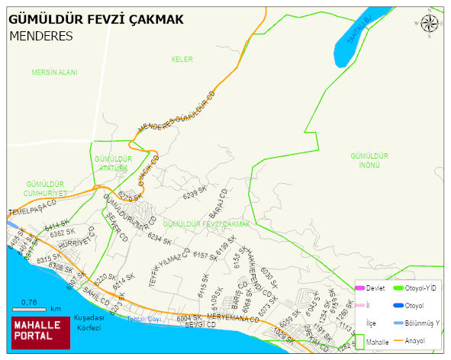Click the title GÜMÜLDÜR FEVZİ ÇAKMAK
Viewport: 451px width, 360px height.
96,19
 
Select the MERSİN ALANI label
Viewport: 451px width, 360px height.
54,72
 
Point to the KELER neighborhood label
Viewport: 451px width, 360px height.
182,59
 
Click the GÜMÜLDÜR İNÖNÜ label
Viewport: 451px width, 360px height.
369,159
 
